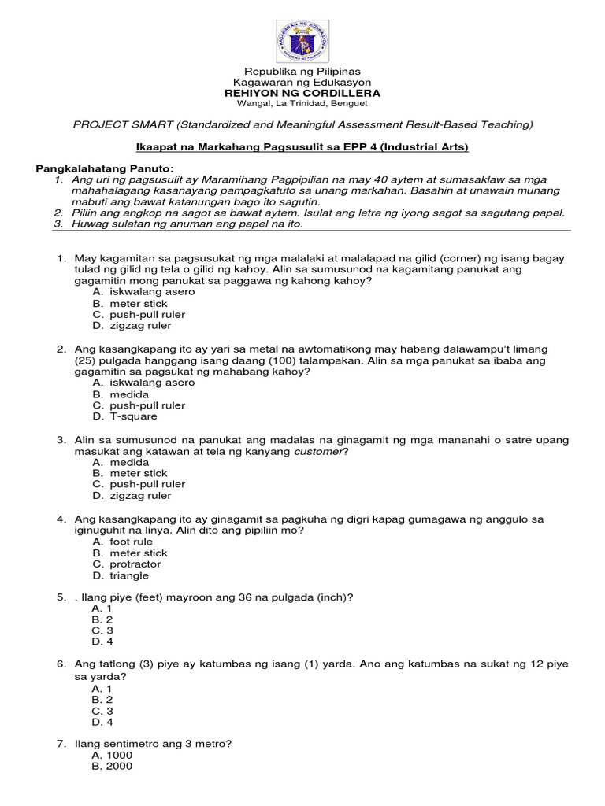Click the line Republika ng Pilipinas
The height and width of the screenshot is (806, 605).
pyautogui.click(x=302, y=72)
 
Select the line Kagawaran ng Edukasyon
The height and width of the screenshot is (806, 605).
pyautogui.click(x=302, y=83)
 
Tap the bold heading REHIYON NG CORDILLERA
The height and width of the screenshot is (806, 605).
pyautogui.click(x=302, y=93)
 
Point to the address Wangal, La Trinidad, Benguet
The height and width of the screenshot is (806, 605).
pyautogui.click(x=302, y=103)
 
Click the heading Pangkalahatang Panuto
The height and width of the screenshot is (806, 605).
pyautogui.click(x=104, y=169)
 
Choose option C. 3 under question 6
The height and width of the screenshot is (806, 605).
pyautogui.click(x=102, y=710)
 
